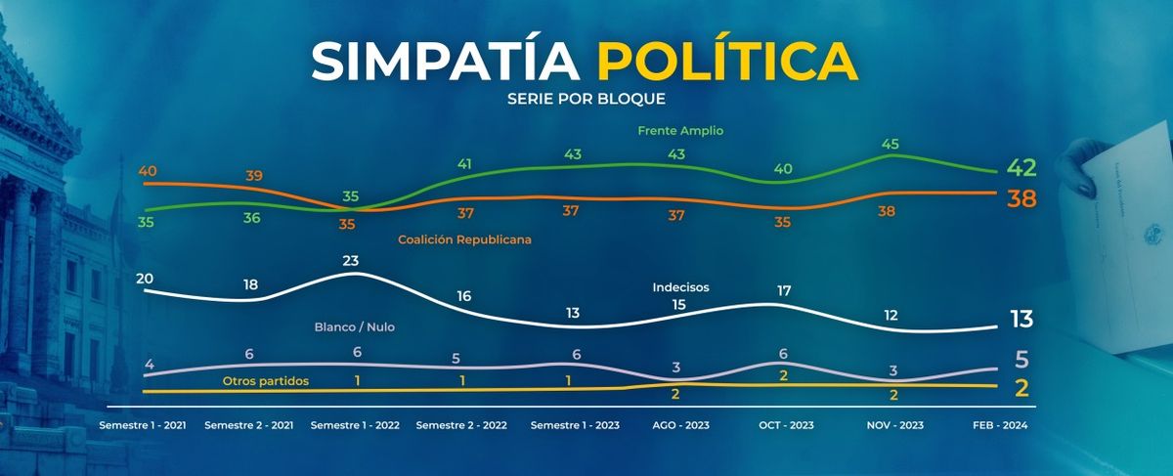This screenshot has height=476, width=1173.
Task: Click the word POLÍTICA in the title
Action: [x=727, y=63]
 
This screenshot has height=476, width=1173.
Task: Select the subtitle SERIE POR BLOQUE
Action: [x=586, y=100]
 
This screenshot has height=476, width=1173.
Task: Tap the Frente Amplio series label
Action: [x=679, y=130]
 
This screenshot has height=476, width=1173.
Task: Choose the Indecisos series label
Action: [x=680, y=287]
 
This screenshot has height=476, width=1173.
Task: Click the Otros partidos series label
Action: [x=267, y=380]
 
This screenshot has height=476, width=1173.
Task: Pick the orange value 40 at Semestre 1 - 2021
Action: [x=149, y=172]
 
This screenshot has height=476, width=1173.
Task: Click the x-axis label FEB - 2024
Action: [x=999, y=426]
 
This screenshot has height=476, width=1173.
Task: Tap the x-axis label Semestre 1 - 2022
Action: [x=353, y=426]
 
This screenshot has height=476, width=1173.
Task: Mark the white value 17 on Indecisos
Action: [x=783, y=289]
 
